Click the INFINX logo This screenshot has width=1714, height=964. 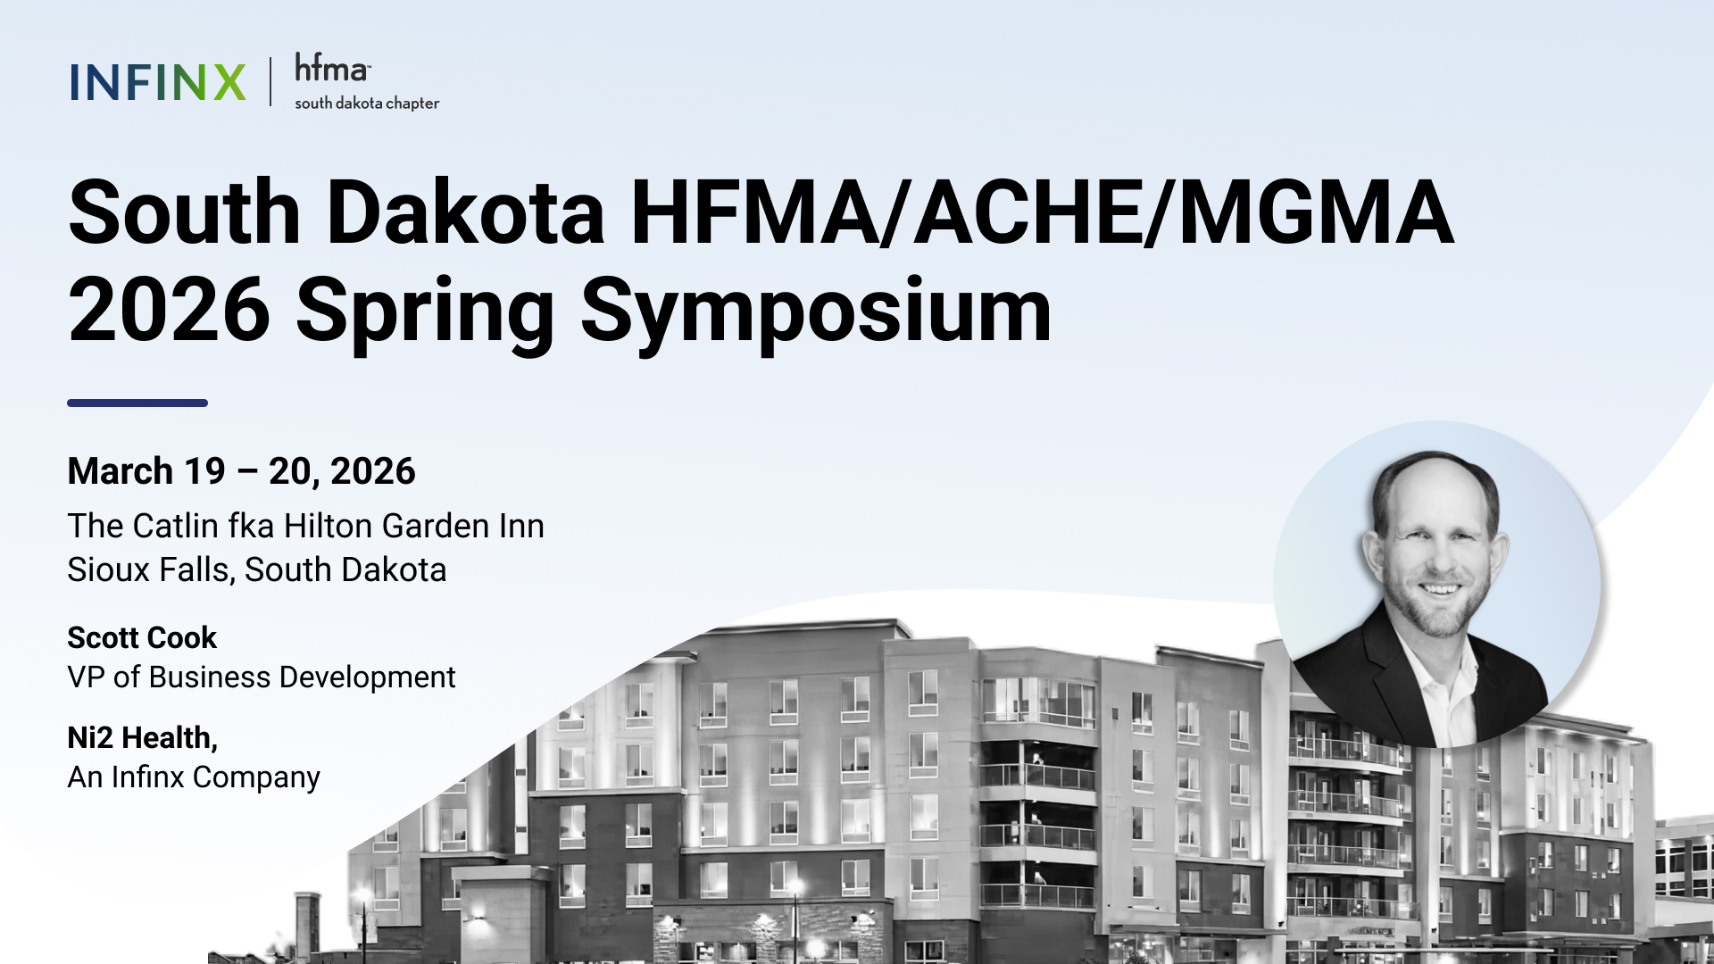point(158,82)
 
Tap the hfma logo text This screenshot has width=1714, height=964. point(332,68)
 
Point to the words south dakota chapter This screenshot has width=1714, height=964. point(367,104)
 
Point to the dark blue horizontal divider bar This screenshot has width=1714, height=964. point(137,403)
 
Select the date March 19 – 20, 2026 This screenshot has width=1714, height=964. point(241,471)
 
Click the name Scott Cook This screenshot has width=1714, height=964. point(142,637)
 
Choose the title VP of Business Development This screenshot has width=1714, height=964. point(262,677)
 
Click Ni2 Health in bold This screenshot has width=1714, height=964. point(142,738)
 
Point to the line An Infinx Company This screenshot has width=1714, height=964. point(194,777)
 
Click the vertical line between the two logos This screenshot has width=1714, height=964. point(270,82)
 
